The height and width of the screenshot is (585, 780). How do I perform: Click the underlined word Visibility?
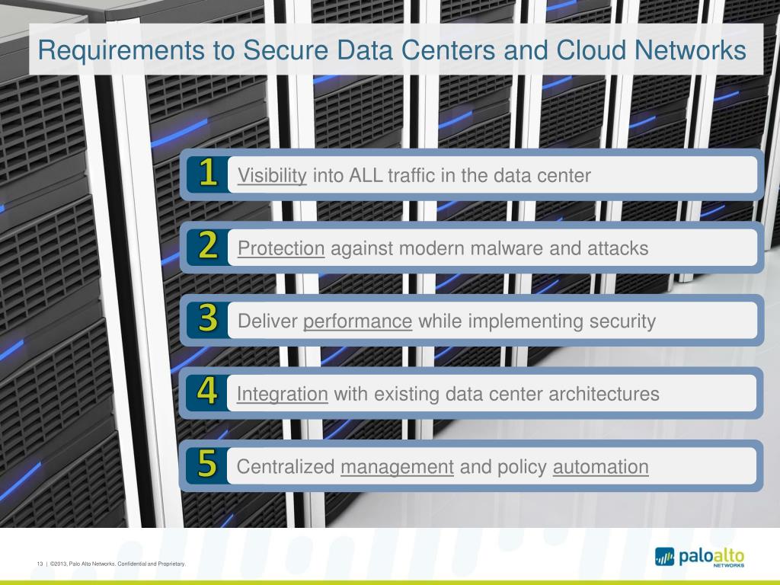coord(272,176)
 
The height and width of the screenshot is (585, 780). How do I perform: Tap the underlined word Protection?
coord(281,248)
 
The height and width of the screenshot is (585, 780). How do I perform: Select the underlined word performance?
coord(357,321)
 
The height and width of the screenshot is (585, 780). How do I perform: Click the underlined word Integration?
coord(282,394)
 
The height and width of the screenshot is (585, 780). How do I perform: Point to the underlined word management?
coord(397,467)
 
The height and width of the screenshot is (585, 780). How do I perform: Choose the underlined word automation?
coord(600,467)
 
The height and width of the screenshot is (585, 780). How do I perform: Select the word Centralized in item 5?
coord(286,467)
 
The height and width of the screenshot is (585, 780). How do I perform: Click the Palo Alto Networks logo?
coord(699,558)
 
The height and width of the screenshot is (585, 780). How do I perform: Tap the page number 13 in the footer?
coord(39,564)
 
